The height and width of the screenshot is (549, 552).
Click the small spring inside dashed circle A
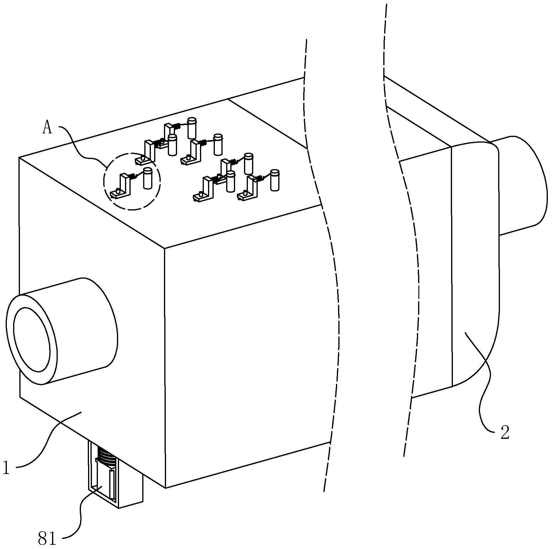[133, 176]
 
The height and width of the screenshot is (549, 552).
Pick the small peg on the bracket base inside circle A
[118, 191]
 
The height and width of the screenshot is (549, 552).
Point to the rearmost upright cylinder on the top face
[192, 128]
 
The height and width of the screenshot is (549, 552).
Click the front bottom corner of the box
[165, 488]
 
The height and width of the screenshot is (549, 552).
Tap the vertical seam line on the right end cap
[452, 268]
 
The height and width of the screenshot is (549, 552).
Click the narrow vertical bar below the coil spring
[112, 484]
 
